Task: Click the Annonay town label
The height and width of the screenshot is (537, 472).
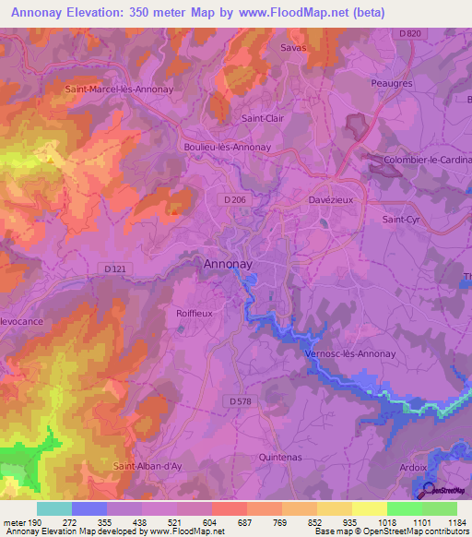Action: [227, 264]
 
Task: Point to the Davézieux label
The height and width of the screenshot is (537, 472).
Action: [329, 199]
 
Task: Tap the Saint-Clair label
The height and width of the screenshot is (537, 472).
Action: [262, 118]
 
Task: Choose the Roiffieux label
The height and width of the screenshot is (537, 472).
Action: [195, 314]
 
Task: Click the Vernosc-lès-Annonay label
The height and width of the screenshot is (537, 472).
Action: [349, 353]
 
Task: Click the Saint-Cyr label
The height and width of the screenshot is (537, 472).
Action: [401, 220]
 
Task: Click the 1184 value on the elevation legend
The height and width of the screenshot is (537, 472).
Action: [456, 521]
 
